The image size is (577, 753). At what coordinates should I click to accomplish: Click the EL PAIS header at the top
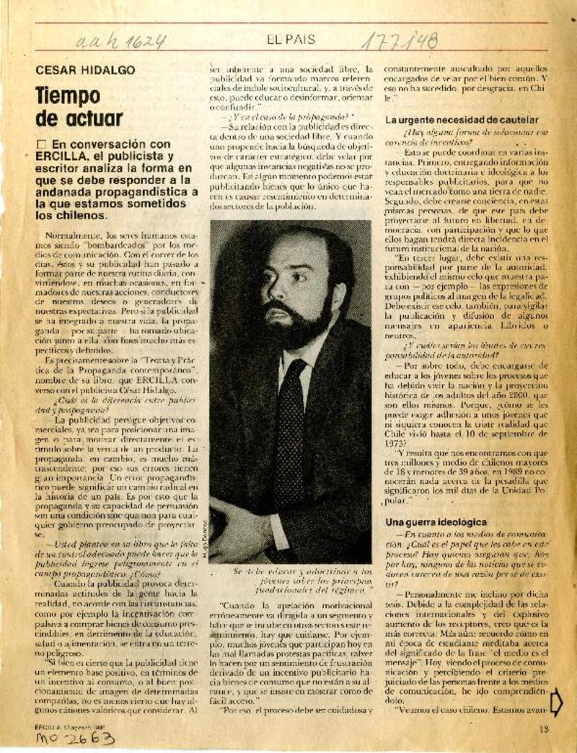(x=288, y=40)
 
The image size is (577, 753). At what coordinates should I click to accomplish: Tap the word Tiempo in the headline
(x=69, y=96)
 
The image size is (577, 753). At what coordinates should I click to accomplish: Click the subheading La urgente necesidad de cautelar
(x=462, y=119)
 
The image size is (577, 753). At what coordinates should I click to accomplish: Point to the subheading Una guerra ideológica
(x=436, y=521)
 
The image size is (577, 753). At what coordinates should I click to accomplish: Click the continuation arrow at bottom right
(x=555, y=702)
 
